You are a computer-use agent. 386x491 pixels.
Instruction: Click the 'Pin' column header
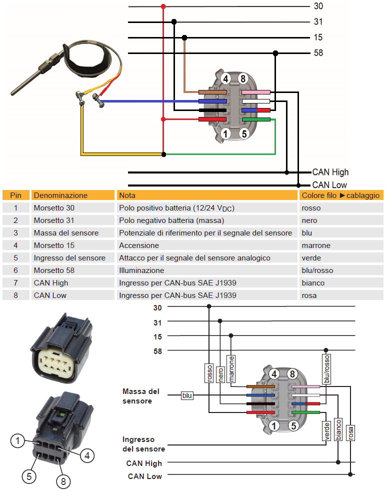(x=15, y=195)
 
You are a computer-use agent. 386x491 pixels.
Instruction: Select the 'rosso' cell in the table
(x=311, y=207)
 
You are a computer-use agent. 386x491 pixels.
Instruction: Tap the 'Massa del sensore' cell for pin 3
(x=66, y=232)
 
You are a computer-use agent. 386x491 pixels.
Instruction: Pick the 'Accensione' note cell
(x=139, y=245)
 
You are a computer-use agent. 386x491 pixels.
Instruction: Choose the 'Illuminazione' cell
(x=141, y=270)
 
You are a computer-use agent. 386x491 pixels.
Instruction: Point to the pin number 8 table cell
(x=15, y=295)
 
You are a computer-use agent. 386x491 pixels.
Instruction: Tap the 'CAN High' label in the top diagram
(x=330, y=172)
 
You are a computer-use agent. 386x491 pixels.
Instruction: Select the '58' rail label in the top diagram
(x=318, y=53)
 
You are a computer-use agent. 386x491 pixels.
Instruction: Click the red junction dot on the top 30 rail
(x=163, y=6)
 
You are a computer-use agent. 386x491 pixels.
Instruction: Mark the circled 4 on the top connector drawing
(x=225, y=78)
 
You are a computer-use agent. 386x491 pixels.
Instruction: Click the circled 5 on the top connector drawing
(x=244, y=133)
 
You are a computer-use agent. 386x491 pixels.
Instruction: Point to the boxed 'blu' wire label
(x=187, y=395)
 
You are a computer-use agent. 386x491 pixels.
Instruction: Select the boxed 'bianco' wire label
(x=338, y=429)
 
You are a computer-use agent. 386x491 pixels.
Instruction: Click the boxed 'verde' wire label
(x=326, y=431)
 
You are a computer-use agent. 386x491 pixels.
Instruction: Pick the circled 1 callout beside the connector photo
(x=18, y=440)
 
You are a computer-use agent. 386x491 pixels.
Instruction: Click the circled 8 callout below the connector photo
(x=63, y=481)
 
